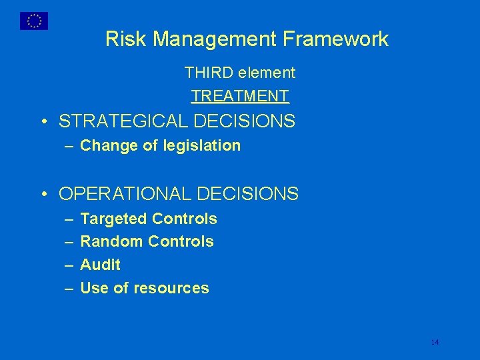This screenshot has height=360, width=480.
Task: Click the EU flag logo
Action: click(x=33, y=21)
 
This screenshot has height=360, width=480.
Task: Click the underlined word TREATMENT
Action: click(x=240, y=96)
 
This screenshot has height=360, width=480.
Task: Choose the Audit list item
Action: click(x=100, y=265)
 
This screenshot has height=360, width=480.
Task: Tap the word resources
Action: click(x=171, y=288)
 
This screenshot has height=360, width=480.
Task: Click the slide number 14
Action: click(x=435, y=342)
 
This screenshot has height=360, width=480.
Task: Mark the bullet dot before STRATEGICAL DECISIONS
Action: click(x=43, y=122)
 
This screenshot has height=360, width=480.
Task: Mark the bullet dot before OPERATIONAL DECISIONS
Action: click(x=43, y=195)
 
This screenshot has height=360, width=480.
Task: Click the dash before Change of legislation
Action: click(x=69, y=146)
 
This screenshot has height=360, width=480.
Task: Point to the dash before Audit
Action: click(x=69, y=265)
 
